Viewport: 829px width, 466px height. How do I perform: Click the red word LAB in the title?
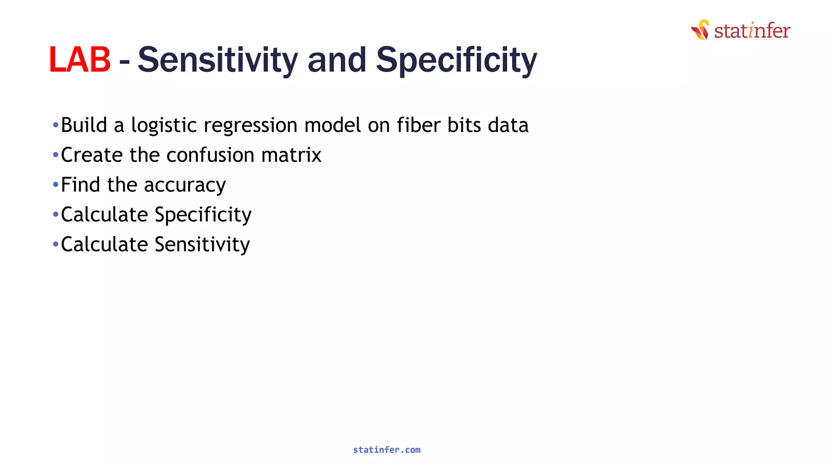tap(80, 60)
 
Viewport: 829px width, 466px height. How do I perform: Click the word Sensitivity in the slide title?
tap(218, 60)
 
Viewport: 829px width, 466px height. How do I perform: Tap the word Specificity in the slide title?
tap(456, 60)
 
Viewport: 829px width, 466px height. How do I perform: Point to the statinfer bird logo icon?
tap(701, 30)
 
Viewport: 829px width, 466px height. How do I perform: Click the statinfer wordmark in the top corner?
tap(752, 31)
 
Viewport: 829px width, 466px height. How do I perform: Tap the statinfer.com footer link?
tap(387, 450)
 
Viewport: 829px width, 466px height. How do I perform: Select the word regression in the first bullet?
tap(251, 125)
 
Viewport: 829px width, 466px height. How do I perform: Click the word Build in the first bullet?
tap(84, 125)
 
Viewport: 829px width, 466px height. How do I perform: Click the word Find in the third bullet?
tap(80, 185)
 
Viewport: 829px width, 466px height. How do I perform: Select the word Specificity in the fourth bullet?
tap(203, 215)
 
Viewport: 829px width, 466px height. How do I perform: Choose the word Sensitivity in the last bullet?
tap(202, 245)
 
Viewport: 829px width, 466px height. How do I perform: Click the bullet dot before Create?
tap(55, 155)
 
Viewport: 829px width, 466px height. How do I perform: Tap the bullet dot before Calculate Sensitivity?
tap(55, 244)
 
